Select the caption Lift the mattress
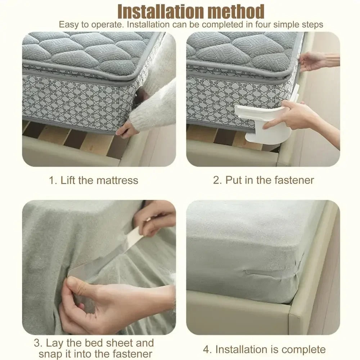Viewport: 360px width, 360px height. coord(99,180)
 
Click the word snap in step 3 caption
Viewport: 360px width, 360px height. coord(50,354)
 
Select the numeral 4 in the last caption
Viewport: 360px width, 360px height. coord(206,349)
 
